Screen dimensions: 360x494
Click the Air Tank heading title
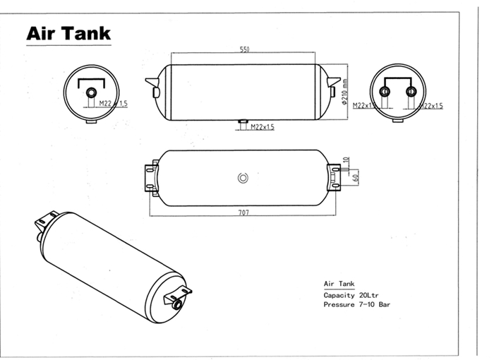pyautogui.click(x=68, y=33)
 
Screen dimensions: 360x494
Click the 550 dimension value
pyautogui.click(x=245, y=50)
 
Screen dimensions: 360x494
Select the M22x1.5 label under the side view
pyautogui.click(x=262, y=127)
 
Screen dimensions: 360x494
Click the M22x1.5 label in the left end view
pyautogui.click(x=113, y=104)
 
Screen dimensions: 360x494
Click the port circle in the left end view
pyautogui.click(x=91, y=92)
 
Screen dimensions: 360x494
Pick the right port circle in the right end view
pyautogui.click(x=411, y=92)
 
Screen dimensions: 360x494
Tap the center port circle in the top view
pyautogui.click(x=243, y=177)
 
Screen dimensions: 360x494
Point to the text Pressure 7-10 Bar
pyautogui.click(x=356, y=305)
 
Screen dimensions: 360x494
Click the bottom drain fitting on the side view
pyautogui.click(x=241, y=123)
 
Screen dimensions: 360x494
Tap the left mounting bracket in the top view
pyautogui.click(x=150, y=177)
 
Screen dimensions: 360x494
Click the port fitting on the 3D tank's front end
pyautogui.click(x=174, y=302)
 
